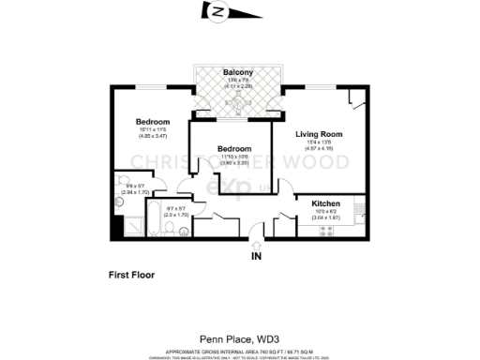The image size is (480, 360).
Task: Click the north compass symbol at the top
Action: (x=219, y=12)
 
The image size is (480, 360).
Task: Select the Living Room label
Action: (x=319, y=134)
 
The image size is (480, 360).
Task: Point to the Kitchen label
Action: (x=324, y=203)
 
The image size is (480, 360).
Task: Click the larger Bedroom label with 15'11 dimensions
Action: (x=152, y=123)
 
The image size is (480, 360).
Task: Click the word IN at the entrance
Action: (x=256, y=255)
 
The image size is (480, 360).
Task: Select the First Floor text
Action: (x=131, y=276)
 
